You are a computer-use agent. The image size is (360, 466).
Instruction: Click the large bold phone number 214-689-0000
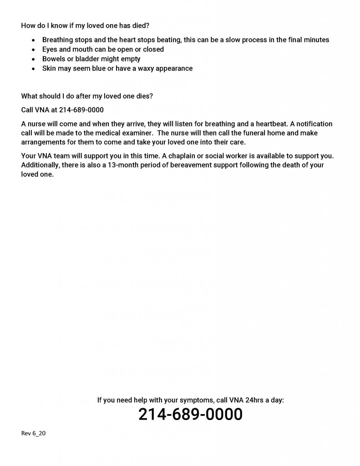pos(190,415)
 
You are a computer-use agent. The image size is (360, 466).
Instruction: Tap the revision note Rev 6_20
pos(33,433)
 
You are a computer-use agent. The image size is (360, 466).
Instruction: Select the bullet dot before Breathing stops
pos(33,40)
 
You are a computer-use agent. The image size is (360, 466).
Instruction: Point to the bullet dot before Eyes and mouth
pos(33,50)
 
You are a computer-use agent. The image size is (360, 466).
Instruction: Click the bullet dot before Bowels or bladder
pos(33,59)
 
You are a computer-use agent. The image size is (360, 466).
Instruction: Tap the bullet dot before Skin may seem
pos(33,69)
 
